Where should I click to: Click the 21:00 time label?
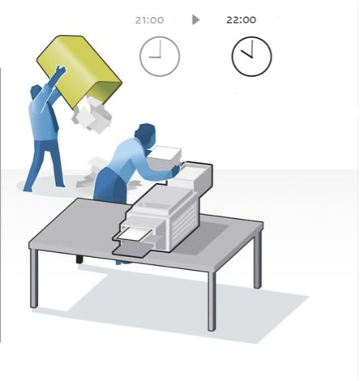[149, 20]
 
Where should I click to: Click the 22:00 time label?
[241, 19]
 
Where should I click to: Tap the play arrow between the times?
[195, 19]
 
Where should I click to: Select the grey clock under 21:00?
[160, 56]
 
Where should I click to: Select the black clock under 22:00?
[251, 56]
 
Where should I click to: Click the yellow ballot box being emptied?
[79, 71]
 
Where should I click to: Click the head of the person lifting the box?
[36, 92]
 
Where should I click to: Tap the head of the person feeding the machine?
[146, 135]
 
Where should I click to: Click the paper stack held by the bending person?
[165, 157]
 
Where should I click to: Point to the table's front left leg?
[33, 278]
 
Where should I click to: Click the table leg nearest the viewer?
[212, 301]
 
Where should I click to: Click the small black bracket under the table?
[79, 259]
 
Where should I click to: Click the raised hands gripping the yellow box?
[60, 71]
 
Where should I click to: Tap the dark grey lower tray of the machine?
[132, 250]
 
